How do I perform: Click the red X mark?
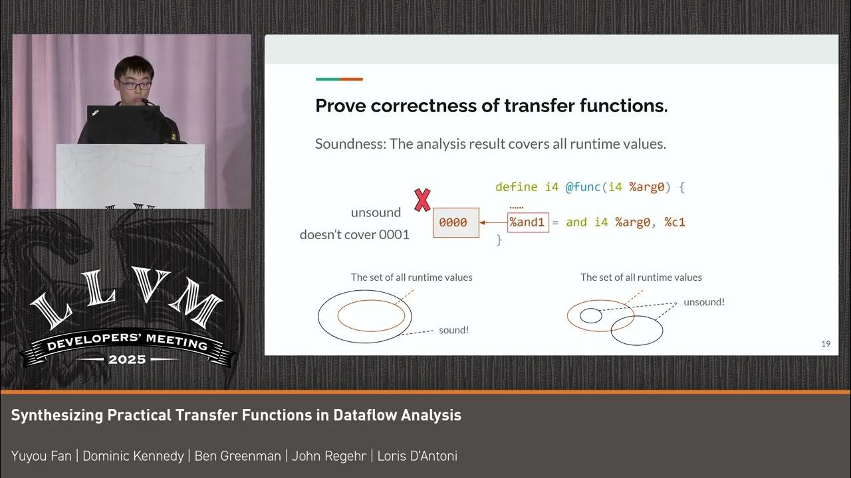coord(422,200)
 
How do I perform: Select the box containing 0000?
coord(455,222)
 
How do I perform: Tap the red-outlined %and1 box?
coord(528,222)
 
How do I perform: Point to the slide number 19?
coord(826,344)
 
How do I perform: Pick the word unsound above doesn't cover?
coord(376,212)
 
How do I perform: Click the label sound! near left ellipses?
coord(453,330)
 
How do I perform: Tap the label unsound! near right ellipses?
coord(704,302)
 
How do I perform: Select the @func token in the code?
coord(583,187)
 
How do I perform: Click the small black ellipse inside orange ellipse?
coord(590,316)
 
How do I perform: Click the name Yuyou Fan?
coord(41,456)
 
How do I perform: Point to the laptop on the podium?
coord(123,124)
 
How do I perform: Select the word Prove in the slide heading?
coord(341,106)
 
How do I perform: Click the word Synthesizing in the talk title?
coord(57,416)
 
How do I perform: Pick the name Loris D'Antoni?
coord(418,456)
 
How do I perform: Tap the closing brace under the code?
coord(499,240)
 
